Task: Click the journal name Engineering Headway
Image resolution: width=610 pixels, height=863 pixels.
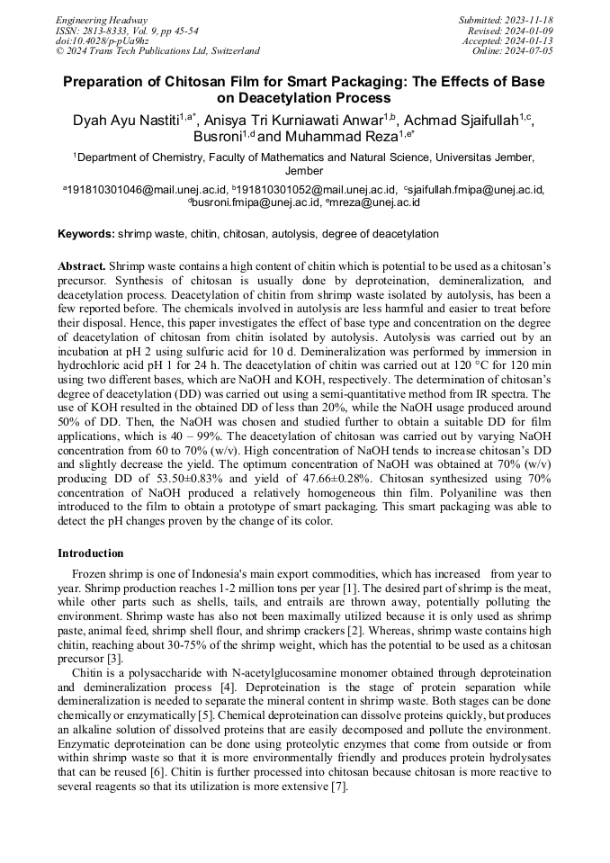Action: [x=102, y=20]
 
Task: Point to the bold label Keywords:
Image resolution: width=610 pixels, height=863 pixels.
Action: [x=86, y=234]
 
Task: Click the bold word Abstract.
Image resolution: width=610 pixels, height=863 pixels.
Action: [x=81, y=267]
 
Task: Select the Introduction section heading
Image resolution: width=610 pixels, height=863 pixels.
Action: [x=91, y=553]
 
